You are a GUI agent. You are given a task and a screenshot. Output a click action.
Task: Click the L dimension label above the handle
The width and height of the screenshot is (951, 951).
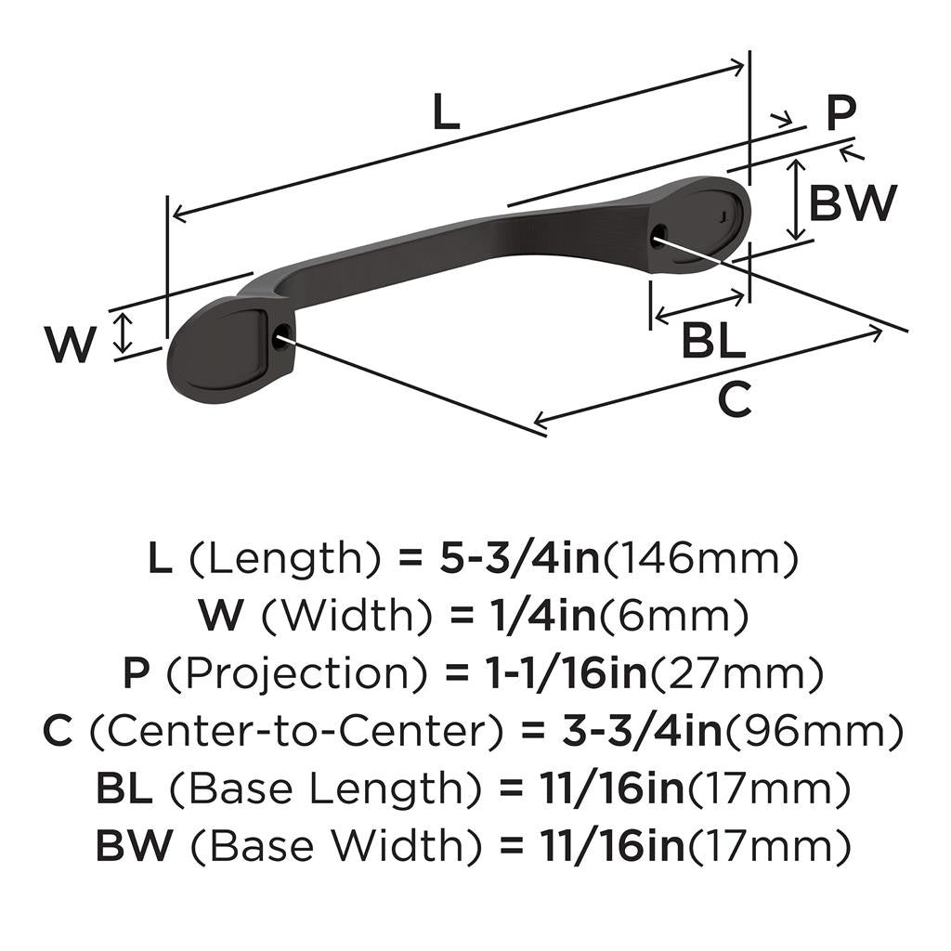coord(447,114)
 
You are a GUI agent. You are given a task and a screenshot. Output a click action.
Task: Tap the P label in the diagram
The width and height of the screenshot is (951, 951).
coord(840,115)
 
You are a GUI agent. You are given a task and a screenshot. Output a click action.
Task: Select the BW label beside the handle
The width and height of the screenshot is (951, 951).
coord(852,203)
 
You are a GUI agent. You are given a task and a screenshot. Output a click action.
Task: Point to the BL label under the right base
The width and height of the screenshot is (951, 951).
coord(713,343)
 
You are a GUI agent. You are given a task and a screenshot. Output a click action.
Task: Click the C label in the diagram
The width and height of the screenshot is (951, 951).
coord(735,401)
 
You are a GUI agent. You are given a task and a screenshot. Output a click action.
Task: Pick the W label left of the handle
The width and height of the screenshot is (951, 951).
coord(71,346)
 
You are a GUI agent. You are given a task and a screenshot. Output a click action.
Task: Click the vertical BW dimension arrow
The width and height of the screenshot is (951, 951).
coord(795,200)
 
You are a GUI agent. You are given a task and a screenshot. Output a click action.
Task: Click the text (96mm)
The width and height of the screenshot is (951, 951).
coord(814,732)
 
